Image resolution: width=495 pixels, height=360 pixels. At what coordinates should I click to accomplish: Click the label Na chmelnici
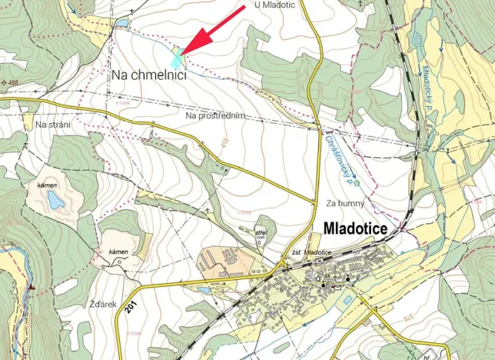click(149, 75)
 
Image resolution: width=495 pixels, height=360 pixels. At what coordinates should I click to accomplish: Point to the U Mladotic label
click(275, 5)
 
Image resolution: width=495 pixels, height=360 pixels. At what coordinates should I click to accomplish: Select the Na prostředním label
click(215, 115)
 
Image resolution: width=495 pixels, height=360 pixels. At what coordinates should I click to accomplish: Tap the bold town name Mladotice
click(360, 228)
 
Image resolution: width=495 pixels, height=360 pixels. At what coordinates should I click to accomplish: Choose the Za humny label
click(344, 203)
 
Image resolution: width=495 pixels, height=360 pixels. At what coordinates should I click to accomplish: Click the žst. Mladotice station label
click(311, 253)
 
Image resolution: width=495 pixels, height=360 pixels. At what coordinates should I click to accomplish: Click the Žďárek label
click(102, 304)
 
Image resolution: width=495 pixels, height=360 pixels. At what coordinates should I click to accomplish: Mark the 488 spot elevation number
click(13, 82)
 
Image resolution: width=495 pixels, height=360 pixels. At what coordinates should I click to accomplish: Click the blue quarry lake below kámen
click(55, 202)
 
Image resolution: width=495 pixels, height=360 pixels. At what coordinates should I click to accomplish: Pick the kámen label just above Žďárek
click(118, 252)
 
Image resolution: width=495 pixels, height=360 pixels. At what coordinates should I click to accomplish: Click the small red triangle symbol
click(32, 286)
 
